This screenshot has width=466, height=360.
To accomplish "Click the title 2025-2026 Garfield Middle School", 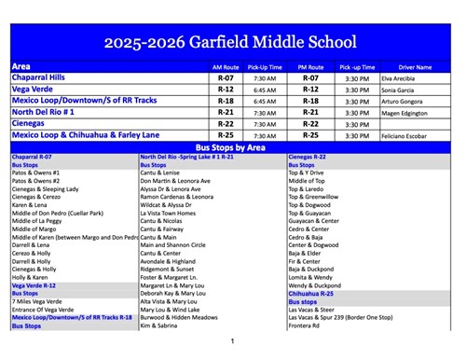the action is (232, 42).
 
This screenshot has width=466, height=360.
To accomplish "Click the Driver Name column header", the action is (415, 67).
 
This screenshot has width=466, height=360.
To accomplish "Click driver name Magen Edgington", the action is (405, 113).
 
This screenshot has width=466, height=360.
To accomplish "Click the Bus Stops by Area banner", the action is (232, 147).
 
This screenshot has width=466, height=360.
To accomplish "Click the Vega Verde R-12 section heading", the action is (34, 284).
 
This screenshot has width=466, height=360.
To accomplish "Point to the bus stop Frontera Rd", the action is (305, 326).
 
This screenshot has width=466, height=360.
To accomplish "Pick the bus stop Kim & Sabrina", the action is (158, 326).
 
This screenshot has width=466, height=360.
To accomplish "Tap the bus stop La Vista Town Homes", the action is (168, 212).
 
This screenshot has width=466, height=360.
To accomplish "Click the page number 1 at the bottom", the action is (232, 341).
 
